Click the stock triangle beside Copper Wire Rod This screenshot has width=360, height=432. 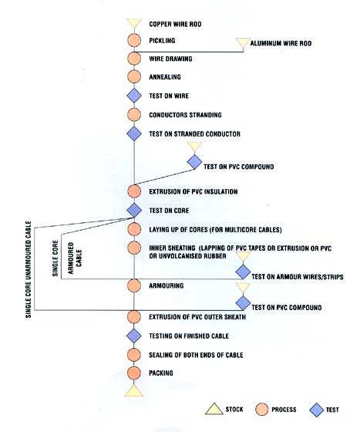134,22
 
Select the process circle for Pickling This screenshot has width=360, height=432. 134,40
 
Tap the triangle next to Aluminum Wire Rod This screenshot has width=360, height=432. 243,42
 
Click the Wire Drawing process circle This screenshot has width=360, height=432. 134,59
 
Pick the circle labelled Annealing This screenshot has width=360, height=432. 134,76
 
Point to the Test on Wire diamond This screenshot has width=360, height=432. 134,96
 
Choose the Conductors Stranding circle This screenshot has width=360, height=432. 134,115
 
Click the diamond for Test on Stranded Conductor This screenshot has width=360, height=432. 134,133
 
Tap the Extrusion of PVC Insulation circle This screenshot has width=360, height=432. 134,191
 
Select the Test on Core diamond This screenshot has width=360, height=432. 134,210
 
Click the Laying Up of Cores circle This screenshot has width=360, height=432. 134,229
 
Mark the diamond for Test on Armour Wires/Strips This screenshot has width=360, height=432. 243,272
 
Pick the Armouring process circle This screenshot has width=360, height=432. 134,285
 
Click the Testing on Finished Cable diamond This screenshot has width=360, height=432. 134,336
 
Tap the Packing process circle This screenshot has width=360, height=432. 134,373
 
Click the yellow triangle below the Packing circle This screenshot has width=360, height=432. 134,392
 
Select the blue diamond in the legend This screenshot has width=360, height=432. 317,410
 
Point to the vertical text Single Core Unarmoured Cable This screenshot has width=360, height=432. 29,269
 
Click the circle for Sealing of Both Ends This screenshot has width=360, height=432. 134,355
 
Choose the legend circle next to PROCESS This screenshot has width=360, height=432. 261,410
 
